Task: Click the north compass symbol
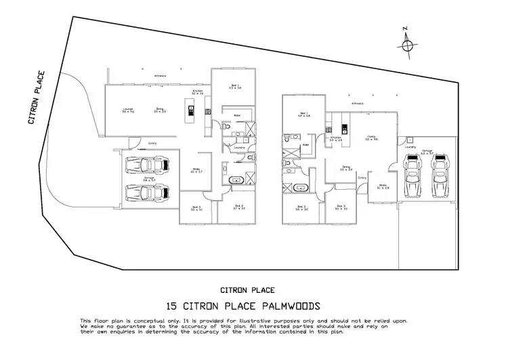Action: pyautogui.click(x=407, y=45)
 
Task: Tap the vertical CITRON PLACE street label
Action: pyautogui.click(x=37, y=98)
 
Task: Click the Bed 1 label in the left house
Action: pyautogui.click(x=235, y=86)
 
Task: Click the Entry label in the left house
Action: pyautogui.click(x=152, y=143)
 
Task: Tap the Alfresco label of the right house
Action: pyautogui.click(x=358, y=103)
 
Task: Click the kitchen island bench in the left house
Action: pyautogui.click(x=192, y=112)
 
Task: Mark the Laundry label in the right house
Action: pyautogui.click(x=409, y=146)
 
